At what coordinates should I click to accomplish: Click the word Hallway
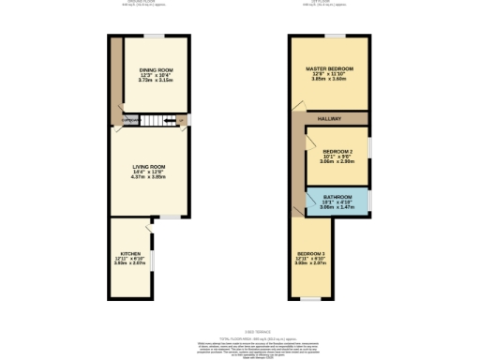coord(328,118)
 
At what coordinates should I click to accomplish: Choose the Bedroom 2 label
coord(337,151)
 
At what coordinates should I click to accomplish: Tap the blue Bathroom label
coord(337,197)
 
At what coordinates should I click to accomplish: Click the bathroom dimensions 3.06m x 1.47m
coord(337,207)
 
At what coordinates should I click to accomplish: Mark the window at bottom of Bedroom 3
coord(306,299)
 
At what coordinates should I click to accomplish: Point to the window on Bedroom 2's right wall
coord(369,150)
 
